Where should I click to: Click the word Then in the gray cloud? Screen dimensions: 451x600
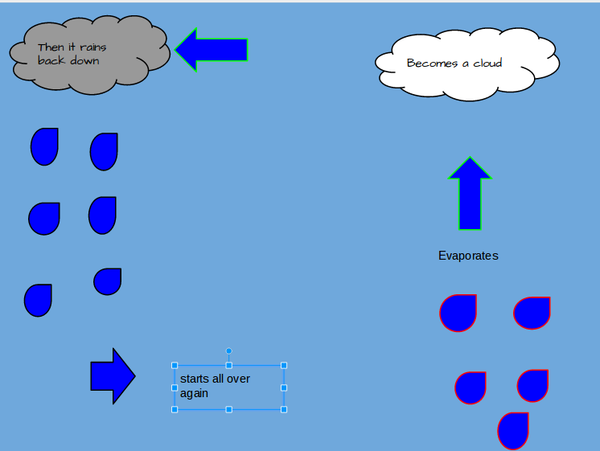(x=51, y=47)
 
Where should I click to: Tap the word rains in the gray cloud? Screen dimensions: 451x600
(x=92, y=47)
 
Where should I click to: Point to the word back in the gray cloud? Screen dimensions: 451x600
(x=51, y=60)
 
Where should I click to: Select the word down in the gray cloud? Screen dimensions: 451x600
(x=84, y=60)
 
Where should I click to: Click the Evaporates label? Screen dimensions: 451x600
(x=468, y=256)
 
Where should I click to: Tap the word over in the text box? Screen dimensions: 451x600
(x=238, y=379)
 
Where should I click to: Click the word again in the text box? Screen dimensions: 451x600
(x=194, y=393)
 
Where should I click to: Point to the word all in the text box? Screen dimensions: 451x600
(x=220, y=379)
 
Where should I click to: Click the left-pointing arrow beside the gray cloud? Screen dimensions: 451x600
(x=211, y=50)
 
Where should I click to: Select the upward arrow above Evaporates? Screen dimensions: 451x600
(x=470, y=197)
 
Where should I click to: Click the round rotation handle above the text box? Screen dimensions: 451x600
(x=229, y=351)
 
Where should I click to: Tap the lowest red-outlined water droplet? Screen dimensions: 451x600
(x=513, y=431)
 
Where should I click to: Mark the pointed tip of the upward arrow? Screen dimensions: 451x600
(x=470, y=159)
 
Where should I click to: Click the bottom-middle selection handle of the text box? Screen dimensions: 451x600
(x=229, y=410)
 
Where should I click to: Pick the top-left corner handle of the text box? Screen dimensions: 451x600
(x=175, y=366)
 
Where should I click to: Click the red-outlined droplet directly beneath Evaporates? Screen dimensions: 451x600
(x=458, y=314)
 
